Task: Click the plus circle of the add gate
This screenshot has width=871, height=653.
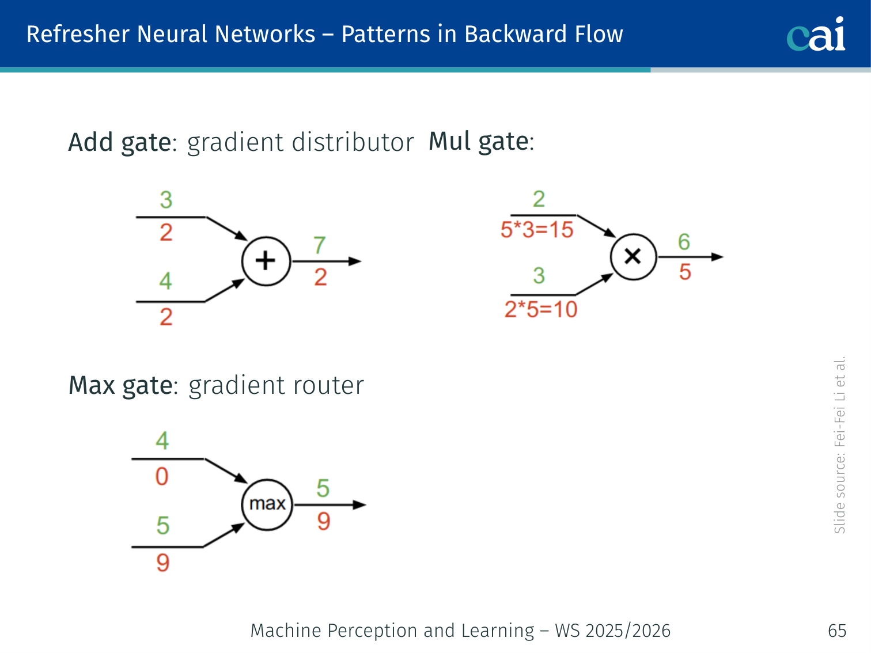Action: click(x=266, y=261)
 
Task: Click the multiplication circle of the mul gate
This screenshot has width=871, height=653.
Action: click(x=633, y=257)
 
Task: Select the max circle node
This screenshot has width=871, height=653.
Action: click(x=267, y=504)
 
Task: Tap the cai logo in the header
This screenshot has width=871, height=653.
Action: click(x=816, y=34)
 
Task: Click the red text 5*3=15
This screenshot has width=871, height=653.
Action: click(x=537, y=230)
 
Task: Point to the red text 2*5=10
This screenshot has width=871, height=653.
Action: click(x=541, y=309)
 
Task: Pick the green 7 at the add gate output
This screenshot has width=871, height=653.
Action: click(x=320, y=245)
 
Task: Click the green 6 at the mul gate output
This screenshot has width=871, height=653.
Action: click(x=684, y=242)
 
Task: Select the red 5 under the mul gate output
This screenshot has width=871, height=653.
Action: click(x=684, y=272)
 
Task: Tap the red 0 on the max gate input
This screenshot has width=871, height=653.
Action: click(x=162, y=477)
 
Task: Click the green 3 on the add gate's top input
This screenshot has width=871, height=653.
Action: click(x=166, y=200)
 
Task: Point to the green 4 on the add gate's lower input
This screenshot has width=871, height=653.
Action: click(x=166, y=281)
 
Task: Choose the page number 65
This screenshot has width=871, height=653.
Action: click(x=836, y=631)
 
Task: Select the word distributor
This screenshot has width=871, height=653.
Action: click(x=353, y=142)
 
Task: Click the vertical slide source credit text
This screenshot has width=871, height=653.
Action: click(x=839, y=445)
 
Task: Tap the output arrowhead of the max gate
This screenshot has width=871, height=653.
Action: click(x=359, y=505)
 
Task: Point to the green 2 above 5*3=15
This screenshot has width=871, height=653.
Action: click(x=539, y=199)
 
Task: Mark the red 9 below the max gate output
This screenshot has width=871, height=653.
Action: click(x=324, y=522)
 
